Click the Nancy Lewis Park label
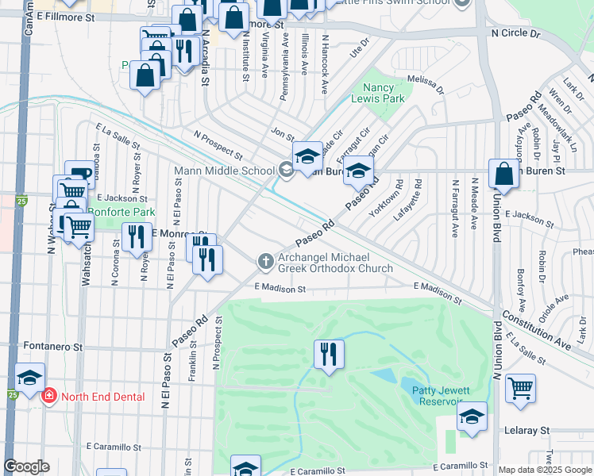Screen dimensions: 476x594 pos(384,93)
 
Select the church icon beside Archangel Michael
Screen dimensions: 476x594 pos(265,261)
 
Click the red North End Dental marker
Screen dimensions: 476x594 pos(49,397)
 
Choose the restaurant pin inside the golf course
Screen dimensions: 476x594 pos(329,354)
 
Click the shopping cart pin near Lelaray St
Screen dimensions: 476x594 pos(520,389)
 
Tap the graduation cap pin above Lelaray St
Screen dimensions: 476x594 pos(472,416)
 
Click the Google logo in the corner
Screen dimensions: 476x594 pos(26,466)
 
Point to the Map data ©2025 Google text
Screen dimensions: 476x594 pos(545,470)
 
